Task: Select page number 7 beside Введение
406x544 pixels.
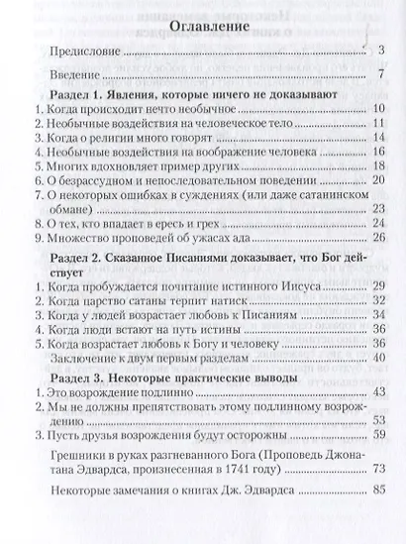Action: coord(381,74)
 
